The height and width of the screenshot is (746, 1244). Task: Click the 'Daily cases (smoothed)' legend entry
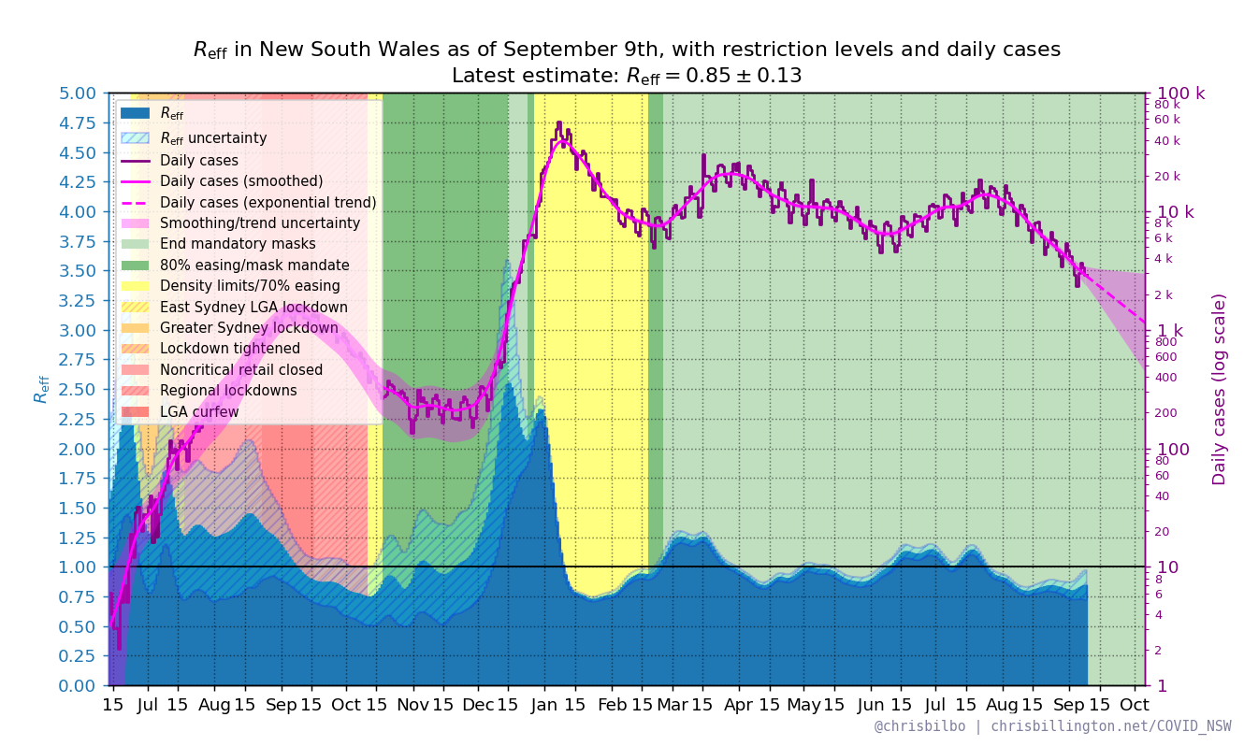pos(241,181)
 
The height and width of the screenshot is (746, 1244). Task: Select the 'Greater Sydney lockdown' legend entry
pos(249,328)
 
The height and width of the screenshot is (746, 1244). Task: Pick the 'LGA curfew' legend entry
pos(199,412)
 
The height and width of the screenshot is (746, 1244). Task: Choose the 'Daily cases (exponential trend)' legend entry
pos(268,203)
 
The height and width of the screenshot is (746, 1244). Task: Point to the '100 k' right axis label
pos(1181,93)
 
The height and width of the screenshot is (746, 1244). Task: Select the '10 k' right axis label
pos(1176,212)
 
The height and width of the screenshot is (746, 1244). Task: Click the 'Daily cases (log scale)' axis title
pos(1220,389)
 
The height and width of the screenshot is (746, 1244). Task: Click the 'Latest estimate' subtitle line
pos(626,76)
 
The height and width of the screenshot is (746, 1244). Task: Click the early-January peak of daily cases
pos(558,122)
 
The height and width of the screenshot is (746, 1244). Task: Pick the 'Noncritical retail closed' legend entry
pos(241,370)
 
